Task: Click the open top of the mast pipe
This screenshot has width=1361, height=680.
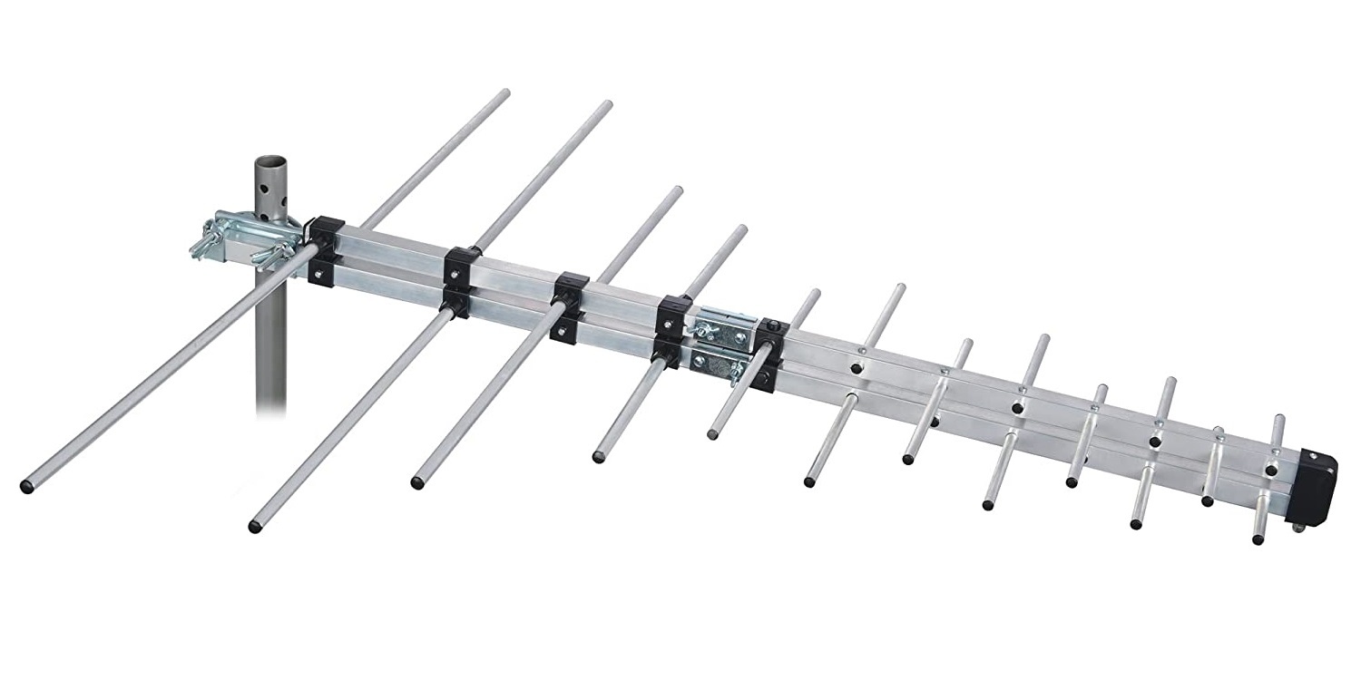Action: (269, 162)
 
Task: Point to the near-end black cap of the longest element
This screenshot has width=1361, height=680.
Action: (26, 487)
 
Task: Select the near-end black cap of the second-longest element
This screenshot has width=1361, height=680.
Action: (255, 526)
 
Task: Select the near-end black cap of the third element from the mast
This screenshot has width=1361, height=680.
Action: (417, 482)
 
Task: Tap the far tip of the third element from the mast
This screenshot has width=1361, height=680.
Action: (677, 190)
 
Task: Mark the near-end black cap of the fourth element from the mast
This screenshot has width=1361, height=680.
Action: (599, 456)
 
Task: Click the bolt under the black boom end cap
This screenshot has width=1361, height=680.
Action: (1298, 527)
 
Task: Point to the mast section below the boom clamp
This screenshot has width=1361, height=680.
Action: (270, 354)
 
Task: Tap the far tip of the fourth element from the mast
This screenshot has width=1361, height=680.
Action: (741, 229)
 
